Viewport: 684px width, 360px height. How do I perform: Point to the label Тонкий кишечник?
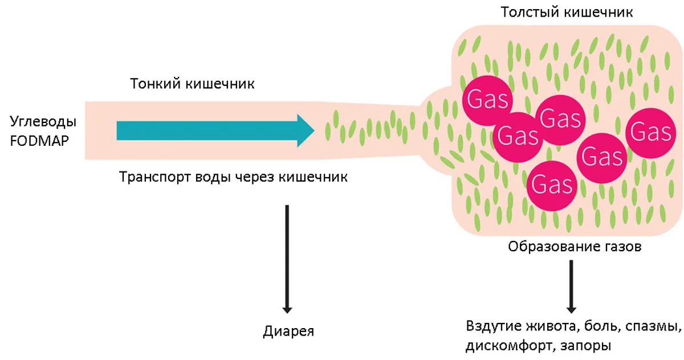click(x=193, y=84)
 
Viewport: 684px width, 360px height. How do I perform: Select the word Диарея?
click(x=289, y=332)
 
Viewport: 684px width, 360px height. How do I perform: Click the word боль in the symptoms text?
click(x=605, y=327)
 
